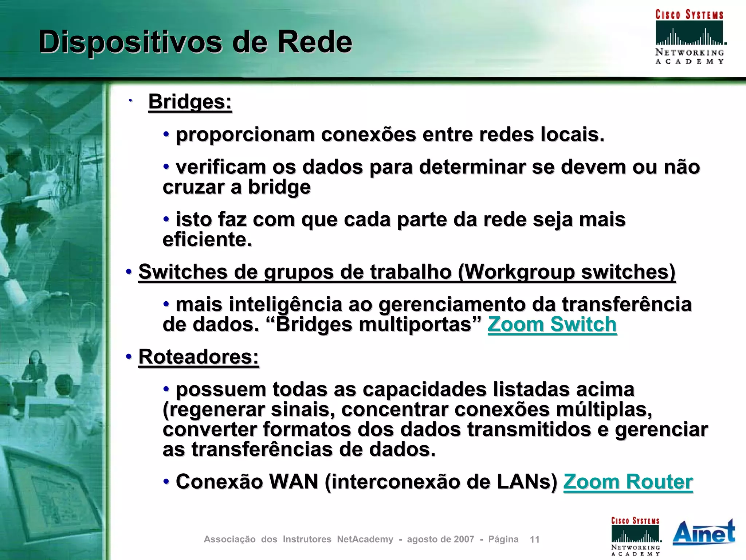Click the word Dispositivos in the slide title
pos(130,42)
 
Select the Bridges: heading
pos(190,101)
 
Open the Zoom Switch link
pos(552,324)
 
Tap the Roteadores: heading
pos(199,357)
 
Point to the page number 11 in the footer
pos(534,539)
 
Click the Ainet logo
pos(703,532)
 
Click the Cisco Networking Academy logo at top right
pos(689,36)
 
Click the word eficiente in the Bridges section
pos(207,240)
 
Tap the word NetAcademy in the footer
pos(365,539)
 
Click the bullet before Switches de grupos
pos(129,272)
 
